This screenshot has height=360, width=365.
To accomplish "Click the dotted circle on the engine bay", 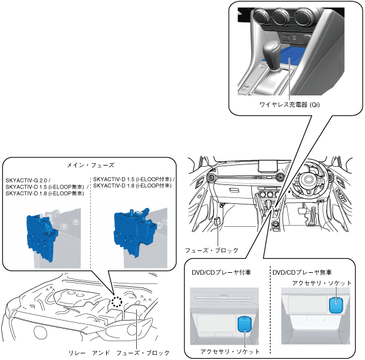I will point(117,302).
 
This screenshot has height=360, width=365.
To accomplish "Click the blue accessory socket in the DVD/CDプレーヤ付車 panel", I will point(243,325).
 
